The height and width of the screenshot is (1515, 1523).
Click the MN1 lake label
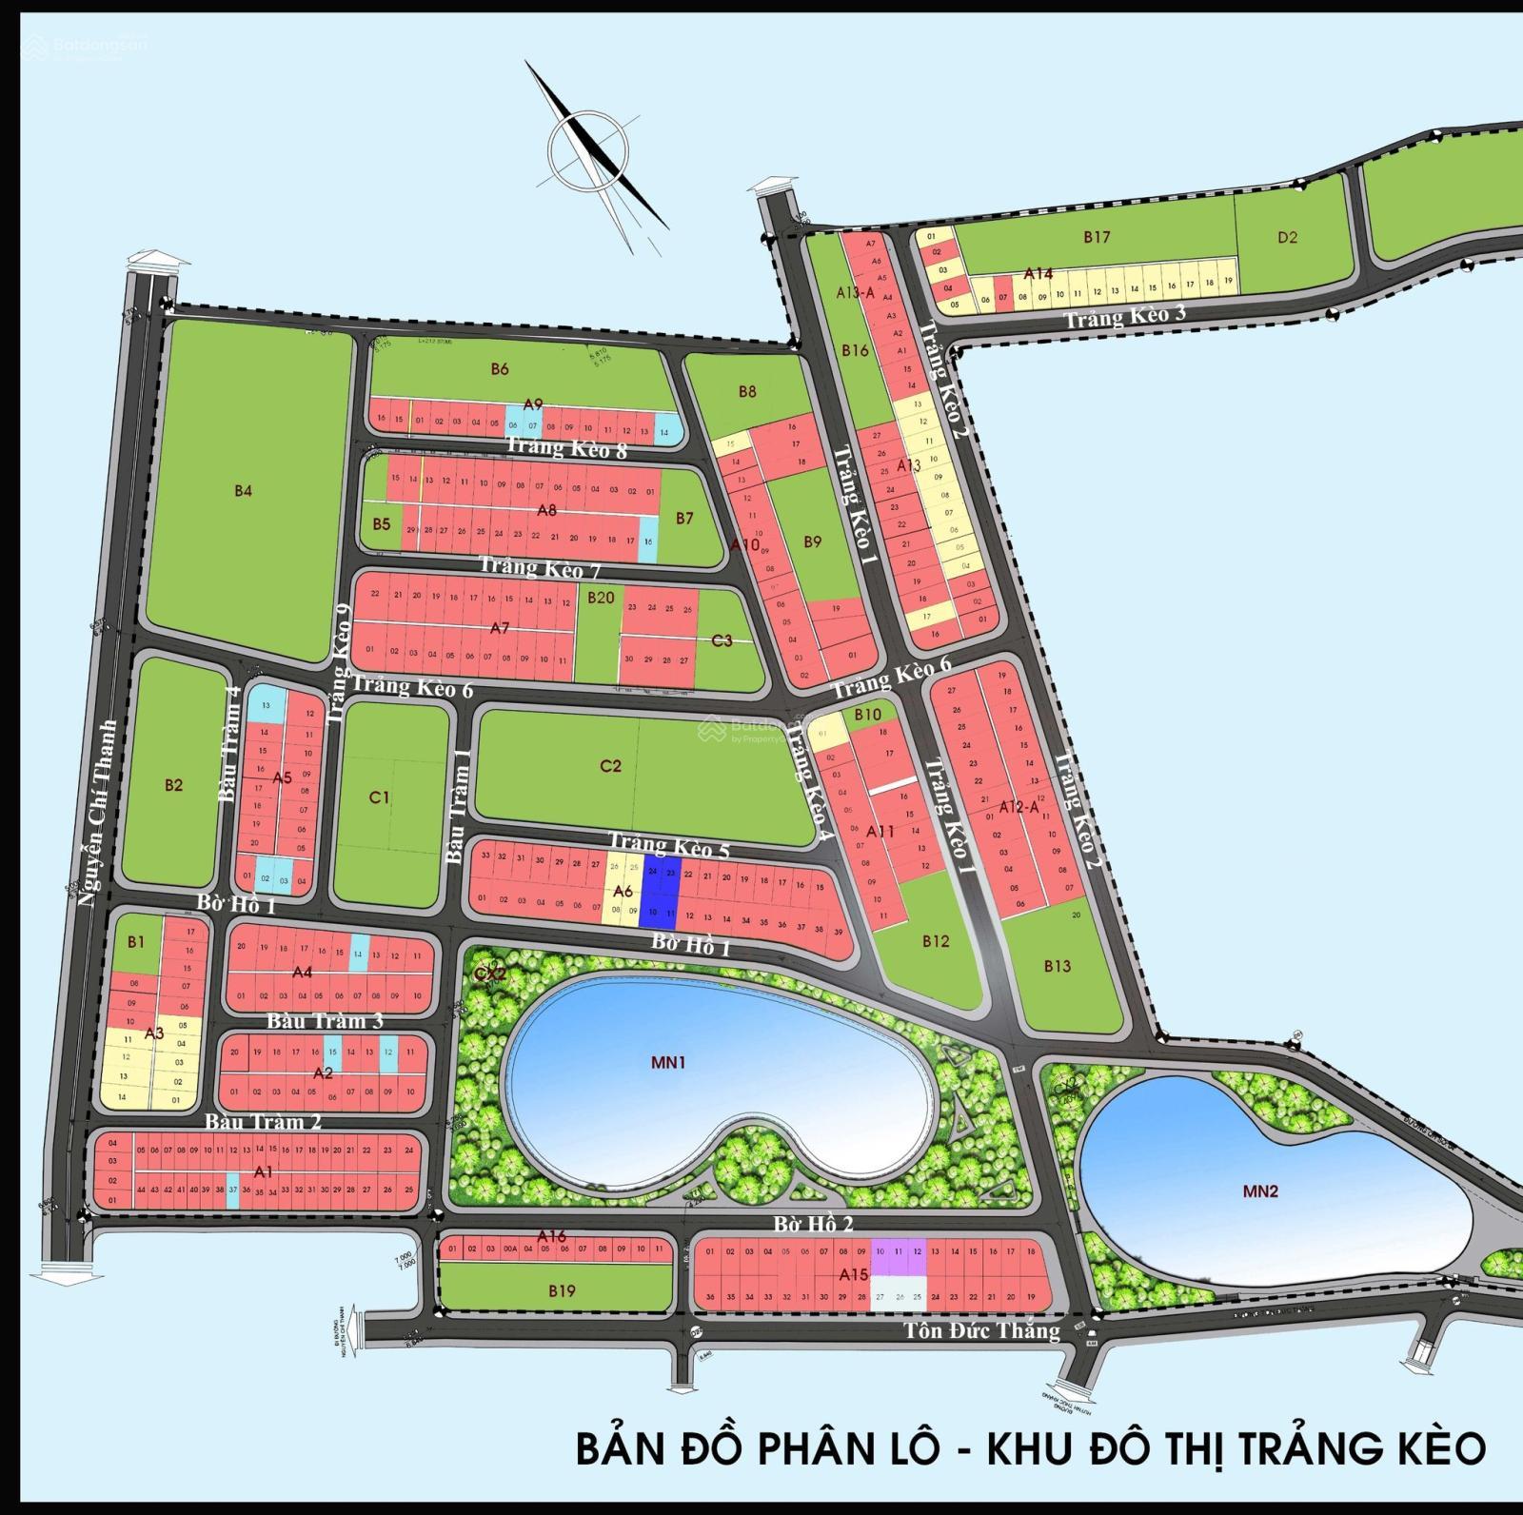pyautogui.click(x=668, y=1063)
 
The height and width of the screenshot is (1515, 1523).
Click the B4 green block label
pyautogui.click(x=244, y=491)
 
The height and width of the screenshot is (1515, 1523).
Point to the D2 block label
pyautogui.click(x=1287, y=238)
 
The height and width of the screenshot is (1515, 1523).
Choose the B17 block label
pyautogui.click(x=1097, y=238)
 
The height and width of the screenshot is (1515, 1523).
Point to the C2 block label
pyautogui.click(x=611, y=766)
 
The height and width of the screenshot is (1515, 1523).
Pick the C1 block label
pyautogui.click(x=380, y=797)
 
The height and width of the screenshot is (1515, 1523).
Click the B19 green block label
pyautogui.click(x=562, y=1291)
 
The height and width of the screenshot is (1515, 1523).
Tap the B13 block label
pyautogui.click(x=1057, y=966)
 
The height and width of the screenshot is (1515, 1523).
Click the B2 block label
pyautogui.click(x=173, y=785)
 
